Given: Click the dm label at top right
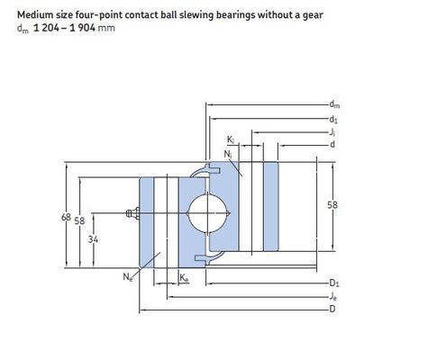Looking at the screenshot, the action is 334,104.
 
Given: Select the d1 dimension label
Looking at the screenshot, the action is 333,119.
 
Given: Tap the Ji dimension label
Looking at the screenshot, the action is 332,132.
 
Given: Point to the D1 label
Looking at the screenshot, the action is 334,283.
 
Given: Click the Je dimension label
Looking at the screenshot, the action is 333,296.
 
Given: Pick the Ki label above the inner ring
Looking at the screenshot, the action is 231,139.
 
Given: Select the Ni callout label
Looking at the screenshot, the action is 228,154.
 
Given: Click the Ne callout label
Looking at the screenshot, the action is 128,276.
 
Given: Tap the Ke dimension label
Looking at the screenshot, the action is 184,278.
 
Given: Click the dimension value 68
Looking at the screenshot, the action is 66,217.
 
